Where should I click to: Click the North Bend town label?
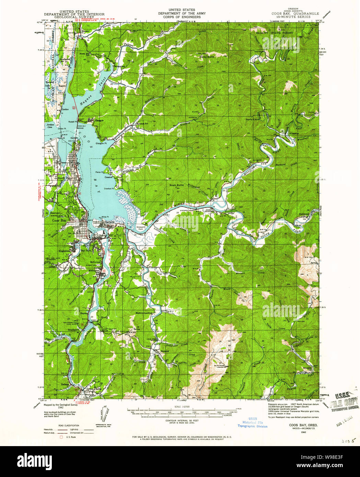pos(65,178)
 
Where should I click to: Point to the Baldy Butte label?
pos(207,57)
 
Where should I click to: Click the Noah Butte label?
pos(176,185)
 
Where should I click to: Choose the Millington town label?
pos(94,271)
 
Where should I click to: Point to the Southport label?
pos(73,330)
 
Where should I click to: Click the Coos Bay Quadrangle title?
pos(295,14)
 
